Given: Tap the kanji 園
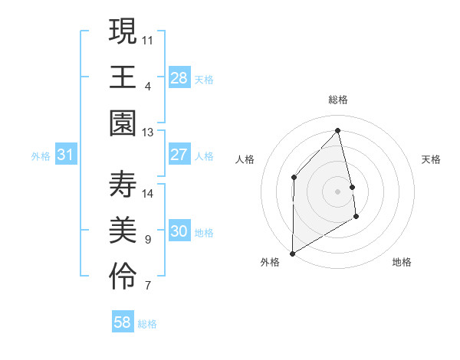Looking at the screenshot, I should (x=123, y=123).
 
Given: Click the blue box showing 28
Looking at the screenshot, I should (x=179, y=77).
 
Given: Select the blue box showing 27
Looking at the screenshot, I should (x=179, y=155).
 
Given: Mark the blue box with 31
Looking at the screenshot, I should (x=65, y=155).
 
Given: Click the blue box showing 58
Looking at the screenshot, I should (x=123, y=322).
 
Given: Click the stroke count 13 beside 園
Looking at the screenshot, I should (x=148, y=133).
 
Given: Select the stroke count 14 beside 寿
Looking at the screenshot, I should (x=148, y=193).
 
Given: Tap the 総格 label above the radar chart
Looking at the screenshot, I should (x=338, y=100).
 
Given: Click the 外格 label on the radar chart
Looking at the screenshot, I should (x=270, y=262).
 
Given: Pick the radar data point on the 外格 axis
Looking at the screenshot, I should (x=292, y=253).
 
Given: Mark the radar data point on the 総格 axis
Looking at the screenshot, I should (x=338, y=130).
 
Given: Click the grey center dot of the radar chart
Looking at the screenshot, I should (x=338, y=191).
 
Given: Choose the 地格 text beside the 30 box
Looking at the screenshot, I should (x=205, y=233).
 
